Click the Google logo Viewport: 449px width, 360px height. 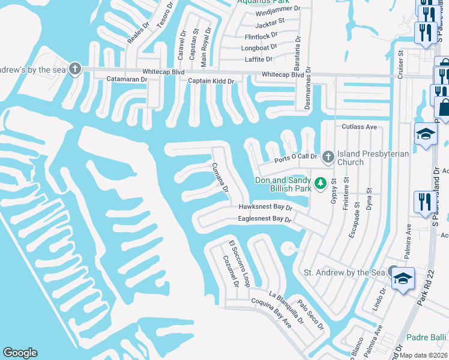(20, 353)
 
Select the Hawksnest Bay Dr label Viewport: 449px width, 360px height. (265, 207)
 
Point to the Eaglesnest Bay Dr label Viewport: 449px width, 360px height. (264, 220)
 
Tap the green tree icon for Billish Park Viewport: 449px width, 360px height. (321, 181)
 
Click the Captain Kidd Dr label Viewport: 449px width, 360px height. (211, 80)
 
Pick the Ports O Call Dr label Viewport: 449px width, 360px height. (295, 157)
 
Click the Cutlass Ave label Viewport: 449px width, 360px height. (359, 127)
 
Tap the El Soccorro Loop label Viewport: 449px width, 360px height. (239, 263)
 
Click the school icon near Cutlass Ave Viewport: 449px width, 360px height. (425, 134)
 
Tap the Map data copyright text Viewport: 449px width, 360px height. (424, 355)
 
